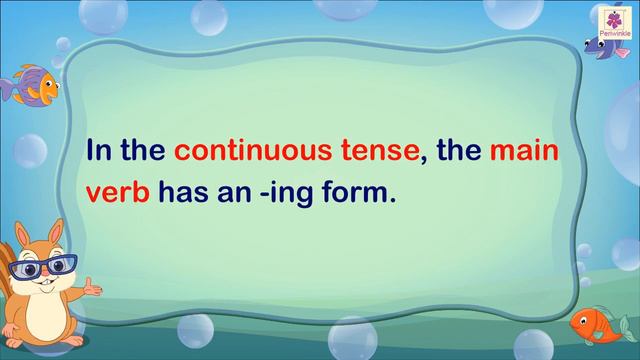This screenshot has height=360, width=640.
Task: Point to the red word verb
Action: pyautogui.click(x=117, y=194)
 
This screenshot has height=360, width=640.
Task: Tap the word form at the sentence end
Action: pyautogui.click(x=359, y=194)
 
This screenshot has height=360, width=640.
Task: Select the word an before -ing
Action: pyautogui.click(x=236, y=196)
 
